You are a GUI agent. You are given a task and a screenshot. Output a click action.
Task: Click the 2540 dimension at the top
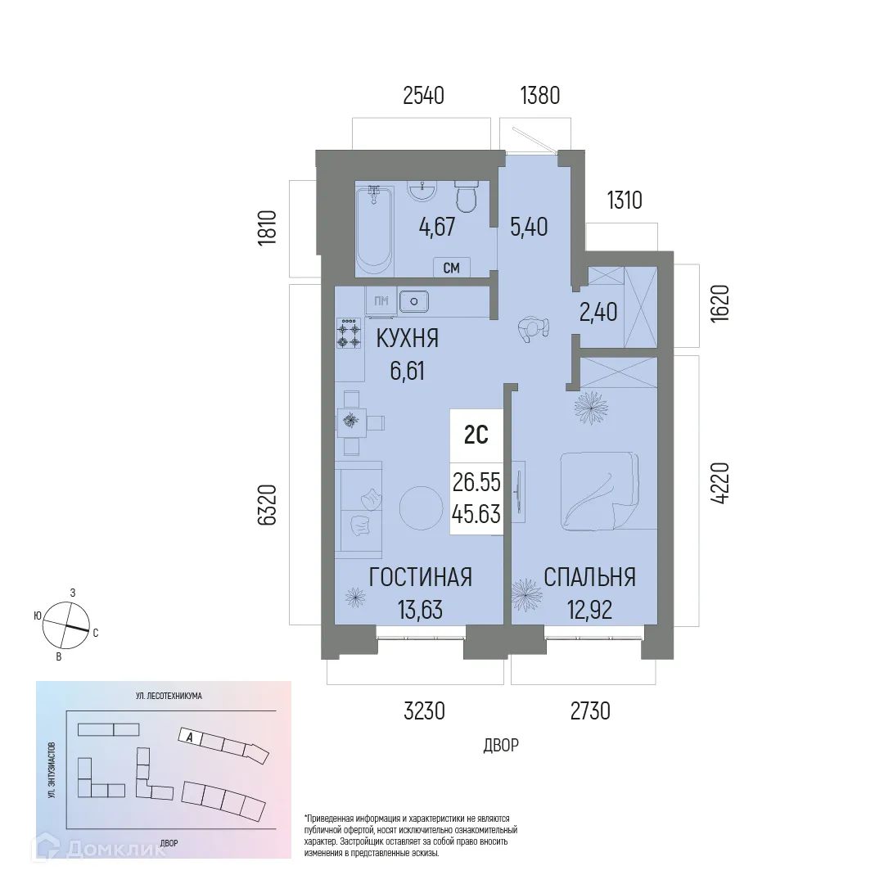(423, 96)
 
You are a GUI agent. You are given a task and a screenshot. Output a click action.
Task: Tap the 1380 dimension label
(540, 96)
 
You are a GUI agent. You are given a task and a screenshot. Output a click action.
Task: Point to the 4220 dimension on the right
(719, 485)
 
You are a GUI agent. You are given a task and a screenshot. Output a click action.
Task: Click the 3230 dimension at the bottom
(424, 711)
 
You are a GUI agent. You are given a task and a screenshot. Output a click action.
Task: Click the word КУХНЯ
(408, 338)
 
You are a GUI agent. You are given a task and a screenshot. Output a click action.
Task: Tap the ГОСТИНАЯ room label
(420, 577)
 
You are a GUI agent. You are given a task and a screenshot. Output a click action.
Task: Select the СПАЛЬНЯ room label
(590, 577)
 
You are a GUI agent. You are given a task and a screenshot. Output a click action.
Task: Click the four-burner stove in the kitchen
(349, 332)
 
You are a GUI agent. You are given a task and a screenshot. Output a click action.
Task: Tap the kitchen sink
(415, 301)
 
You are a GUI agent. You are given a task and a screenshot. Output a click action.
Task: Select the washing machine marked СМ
(451, 267)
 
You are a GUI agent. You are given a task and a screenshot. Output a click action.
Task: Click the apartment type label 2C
(476, 436)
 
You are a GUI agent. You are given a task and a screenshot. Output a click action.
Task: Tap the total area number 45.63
(476, 513)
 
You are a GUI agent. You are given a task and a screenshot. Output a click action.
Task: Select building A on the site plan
(189, 736)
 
